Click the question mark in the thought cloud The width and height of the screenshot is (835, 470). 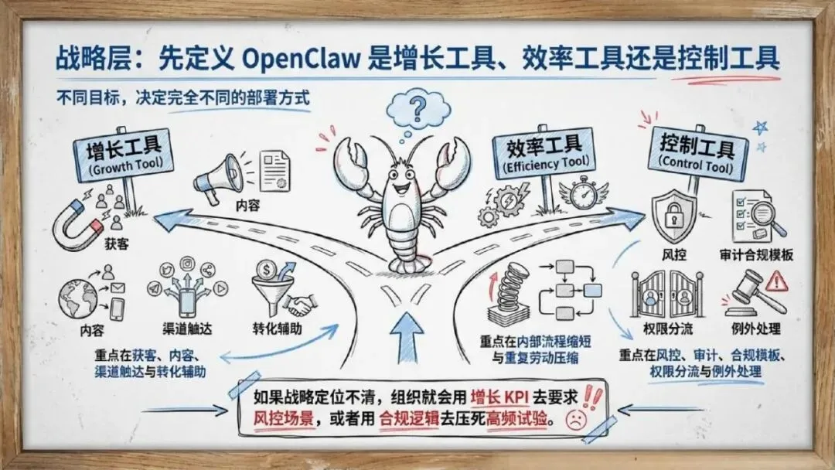[418, 109]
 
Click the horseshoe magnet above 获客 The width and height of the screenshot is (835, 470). [78, 223]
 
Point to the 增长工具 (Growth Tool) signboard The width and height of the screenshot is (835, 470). [124, 154]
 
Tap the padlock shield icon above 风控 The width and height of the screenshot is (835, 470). [674, 217]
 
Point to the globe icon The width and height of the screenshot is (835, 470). [78, 300]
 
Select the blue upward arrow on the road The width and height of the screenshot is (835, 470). [407, 337]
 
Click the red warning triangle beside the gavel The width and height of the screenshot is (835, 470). [776, 281]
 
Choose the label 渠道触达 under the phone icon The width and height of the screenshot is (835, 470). [187, 329]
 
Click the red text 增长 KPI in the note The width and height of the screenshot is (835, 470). [499, 397]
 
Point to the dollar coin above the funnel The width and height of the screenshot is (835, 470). [267, 271]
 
